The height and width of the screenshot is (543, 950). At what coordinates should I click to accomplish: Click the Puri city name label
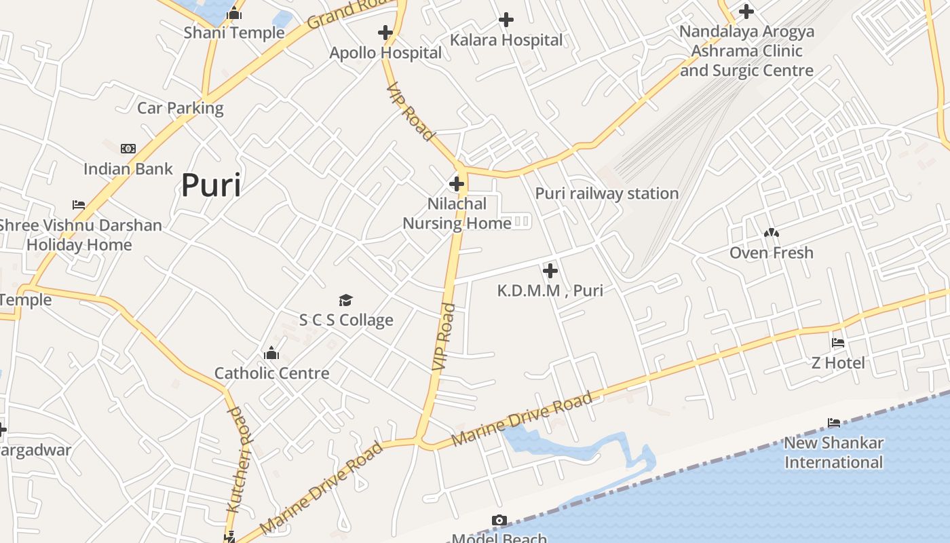click(210, 185)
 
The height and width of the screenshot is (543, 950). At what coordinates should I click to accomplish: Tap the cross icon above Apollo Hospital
click(385, 33)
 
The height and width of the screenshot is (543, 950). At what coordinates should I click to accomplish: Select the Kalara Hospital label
click(506, 40)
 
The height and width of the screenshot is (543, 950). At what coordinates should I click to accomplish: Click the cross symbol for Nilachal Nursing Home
click(457, 184)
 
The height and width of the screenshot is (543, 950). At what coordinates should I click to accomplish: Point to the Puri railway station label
click(607, 193)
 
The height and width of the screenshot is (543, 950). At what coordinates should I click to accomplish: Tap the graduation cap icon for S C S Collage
click(346, 300)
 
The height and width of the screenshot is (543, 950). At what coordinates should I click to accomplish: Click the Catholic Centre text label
click(271, 373)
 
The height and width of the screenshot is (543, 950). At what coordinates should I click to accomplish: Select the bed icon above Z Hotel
click(838, 343)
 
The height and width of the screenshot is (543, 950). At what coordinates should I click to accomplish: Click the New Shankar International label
click(833, 453)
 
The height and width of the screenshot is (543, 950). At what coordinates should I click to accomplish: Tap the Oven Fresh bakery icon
click(771, 233)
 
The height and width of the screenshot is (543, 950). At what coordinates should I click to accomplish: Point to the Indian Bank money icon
click(128, 149)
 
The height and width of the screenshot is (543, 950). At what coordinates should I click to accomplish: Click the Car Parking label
click(180, 108)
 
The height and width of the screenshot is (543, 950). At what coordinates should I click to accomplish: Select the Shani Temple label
click(234, 33)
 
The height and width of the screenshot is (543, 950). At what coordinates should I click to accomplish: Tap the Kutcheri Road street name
click(238, 460)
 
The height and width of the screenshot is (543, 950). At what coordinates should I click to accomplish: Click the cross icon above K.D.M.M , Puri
click(550, 271)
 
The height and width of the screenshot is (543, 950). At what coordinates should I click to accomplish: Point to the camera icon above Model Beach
click(499, 521)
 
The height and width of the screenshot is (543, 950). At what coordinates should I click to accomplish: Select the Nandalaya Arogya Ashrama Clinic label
click(746, 51)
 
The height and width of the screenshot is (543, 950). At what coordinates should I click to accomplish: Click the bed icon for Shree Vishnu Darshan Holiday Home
click(79, 205)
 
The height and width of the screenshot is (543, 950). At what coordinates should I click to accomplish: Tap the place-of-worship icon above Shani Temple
click(234, 13)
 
